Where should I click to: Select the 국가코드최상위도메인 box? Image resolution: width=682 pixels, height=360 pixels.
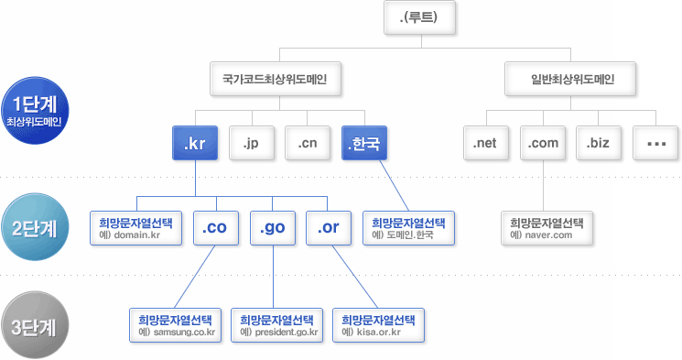tap(276, 80)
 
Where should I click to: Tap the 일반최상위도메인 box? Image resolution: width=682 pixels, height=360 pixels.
tap(572, 80)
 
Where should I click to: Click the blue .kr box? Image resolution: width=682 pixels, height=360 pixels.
tap(194, 143)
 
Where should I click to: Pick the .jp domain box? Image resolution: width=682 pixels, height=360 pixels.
tap(250, 143)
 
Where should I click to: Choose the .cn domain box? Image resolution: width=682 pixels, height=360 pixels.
tap(307, 143)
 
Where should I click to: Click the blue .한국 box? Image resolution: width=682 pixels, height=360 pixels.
tap(364, 143)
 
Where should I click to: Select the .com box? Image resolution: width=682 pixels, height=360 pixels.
tap(543, 143)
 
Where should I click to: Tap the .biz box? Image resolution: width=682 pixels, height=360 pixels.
tap(600, 143)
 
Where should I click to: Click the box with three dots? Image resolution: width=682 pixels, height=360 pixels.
tap(656, 143)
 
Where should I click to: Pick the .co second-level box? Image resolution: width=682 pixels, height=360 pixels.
tap(217, 229)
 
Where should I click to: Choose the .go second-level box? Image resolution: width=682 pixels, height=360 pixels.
tap(274, 229)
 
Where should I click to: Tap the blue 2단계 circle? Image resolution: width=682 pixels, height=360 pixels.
tap(34, 227)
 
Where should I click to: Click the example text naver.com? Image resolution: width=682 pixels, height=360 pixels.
tap(546, 235)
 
